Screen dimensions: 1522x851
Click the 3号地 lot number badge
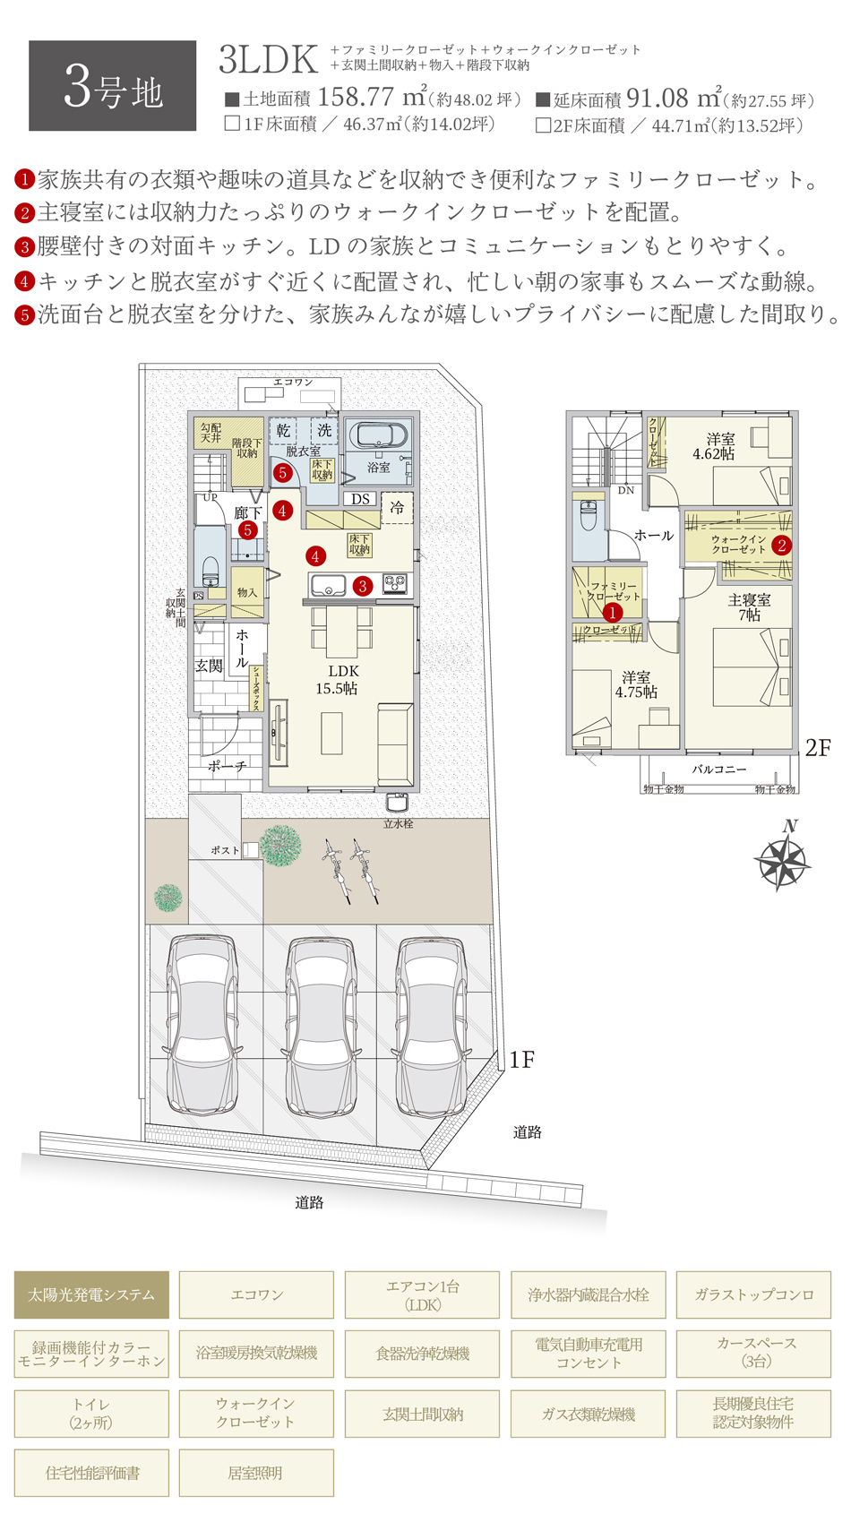[112, 86]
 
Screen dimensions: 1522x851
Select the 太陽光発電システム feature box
[91, 1294]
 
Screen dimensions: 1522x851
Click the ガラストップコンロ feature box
[753, 1294]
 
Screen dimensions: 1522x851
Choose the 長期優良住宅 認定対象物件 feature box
[753, 1413]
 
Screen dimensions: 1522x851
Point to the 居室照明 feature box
[256, 1473]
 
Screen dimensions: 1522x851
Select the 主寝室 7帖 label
[749, 607]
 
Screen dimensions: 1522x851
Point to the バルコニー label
[718, 770]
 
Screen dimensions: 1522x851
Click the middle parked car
[319, 1025]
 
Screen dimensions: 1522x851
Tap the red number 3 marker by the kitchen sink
[362, 586]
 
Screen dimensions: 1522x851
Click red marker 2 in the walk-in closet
[781, 546]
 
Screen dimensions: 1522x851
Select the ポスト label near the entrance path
[225, 850]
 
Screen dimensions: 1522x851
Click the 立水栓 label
[398, 823]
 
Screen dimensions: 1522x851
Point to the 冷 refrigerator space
[396, 507]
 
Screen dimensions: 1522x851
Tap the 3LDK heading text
[268, 59]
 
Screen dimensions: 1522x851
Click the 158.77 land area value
[356, 97]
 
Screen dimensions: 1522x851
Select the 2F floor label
[818, 748]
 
